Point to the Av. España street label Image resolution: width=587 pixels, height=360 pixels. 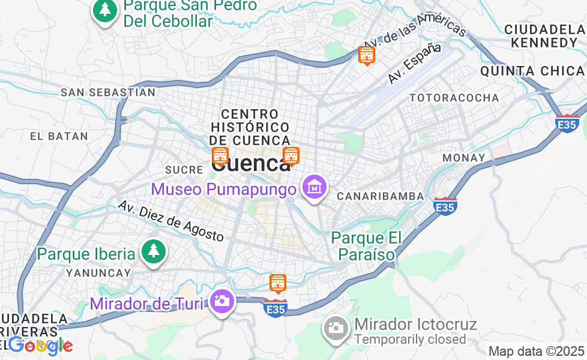coord(414,62)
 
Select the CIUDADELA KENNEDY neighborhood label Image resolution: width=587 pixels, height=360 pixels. coord(545,36)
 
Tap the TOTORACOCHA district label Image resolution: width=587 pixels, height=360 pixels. coord(454,98)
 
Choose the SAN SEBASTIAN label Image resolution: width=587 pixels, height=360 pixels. coord(108,92)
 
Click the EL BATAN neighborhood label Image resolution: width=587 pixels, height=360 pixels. coord(59,136)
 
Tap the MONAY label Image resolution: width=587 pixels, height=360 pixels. coord(463,158)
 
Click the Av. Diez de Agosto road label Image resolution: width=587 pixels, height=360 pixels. coord(170,221)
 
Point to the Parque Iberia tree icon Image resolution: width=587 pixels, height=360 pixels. coord(153,253)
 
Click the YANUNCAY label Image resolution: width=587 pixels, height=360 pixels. coord(98,273)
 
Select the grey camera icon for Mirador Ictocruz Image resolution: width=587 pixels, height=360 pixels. coord(336,328)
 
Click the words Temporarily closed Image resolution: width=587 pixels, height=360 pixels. coord(410,340)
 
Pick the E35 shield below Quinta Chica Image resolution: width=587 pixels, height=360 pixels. coord(567,124)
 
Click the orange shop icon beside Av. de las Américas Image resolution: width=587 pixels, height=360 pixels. coord(366,55)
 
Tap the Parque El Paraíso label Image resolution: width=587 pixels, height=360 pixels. coord(366,247)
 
